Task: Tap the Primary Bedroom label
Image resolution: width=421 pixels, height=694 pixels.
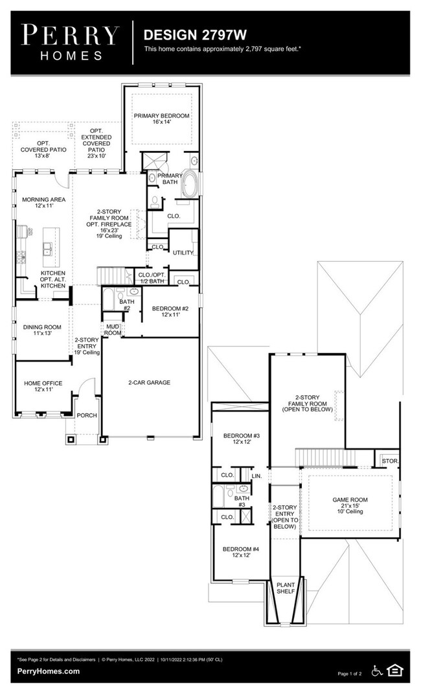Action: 161,119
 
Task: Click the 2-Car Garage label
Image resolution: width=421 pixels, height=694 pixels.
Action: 149,383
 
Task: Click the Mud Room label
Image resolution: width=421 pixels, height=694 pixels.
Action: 113,330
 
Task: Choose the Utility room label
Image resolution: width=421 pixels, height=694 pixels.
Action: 183,252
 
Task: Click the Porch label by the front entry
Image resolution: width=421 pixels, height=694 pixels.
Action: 87,415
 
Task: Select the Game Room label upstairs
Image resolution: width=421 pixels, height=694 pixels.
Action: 349,504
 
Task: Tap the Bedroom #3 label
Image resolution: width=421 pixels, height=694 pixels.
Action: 241,439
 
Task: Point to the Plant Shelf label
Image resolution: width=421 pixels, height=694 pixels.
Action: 286,588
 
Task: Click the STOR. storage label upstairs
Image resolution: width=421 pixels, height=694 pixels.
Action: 390,461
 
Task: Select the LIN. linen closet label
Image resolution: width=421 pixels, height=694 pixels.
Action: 256,476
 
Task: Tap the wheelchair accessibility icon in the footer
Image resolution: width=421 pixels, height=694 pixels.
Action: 377,670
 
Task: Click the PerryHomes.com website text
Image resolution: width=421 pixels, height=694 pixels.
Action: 49,671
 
